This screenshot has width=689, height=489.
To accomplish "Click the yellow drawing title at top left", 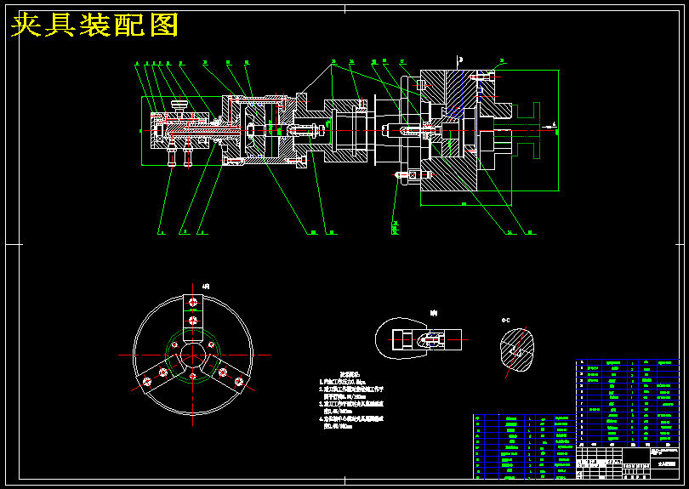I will click(94, 26).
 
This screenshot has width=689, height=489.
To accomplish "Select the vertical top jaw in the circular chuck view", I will click(193, 318).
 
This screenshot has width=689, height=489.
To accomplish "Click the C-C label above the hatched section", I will click(505, 319).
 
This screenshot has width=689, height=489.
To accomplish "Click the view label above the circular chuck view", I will click(205, 287).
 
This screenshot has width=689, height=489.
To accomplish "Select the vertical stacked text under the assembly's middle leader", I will click(396, 227).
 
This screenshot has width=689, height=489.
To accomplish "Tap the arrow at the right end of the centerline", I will click(554, 127).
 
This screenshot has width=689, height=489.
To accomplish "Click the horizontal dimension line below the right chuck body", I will click(464, 205).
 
